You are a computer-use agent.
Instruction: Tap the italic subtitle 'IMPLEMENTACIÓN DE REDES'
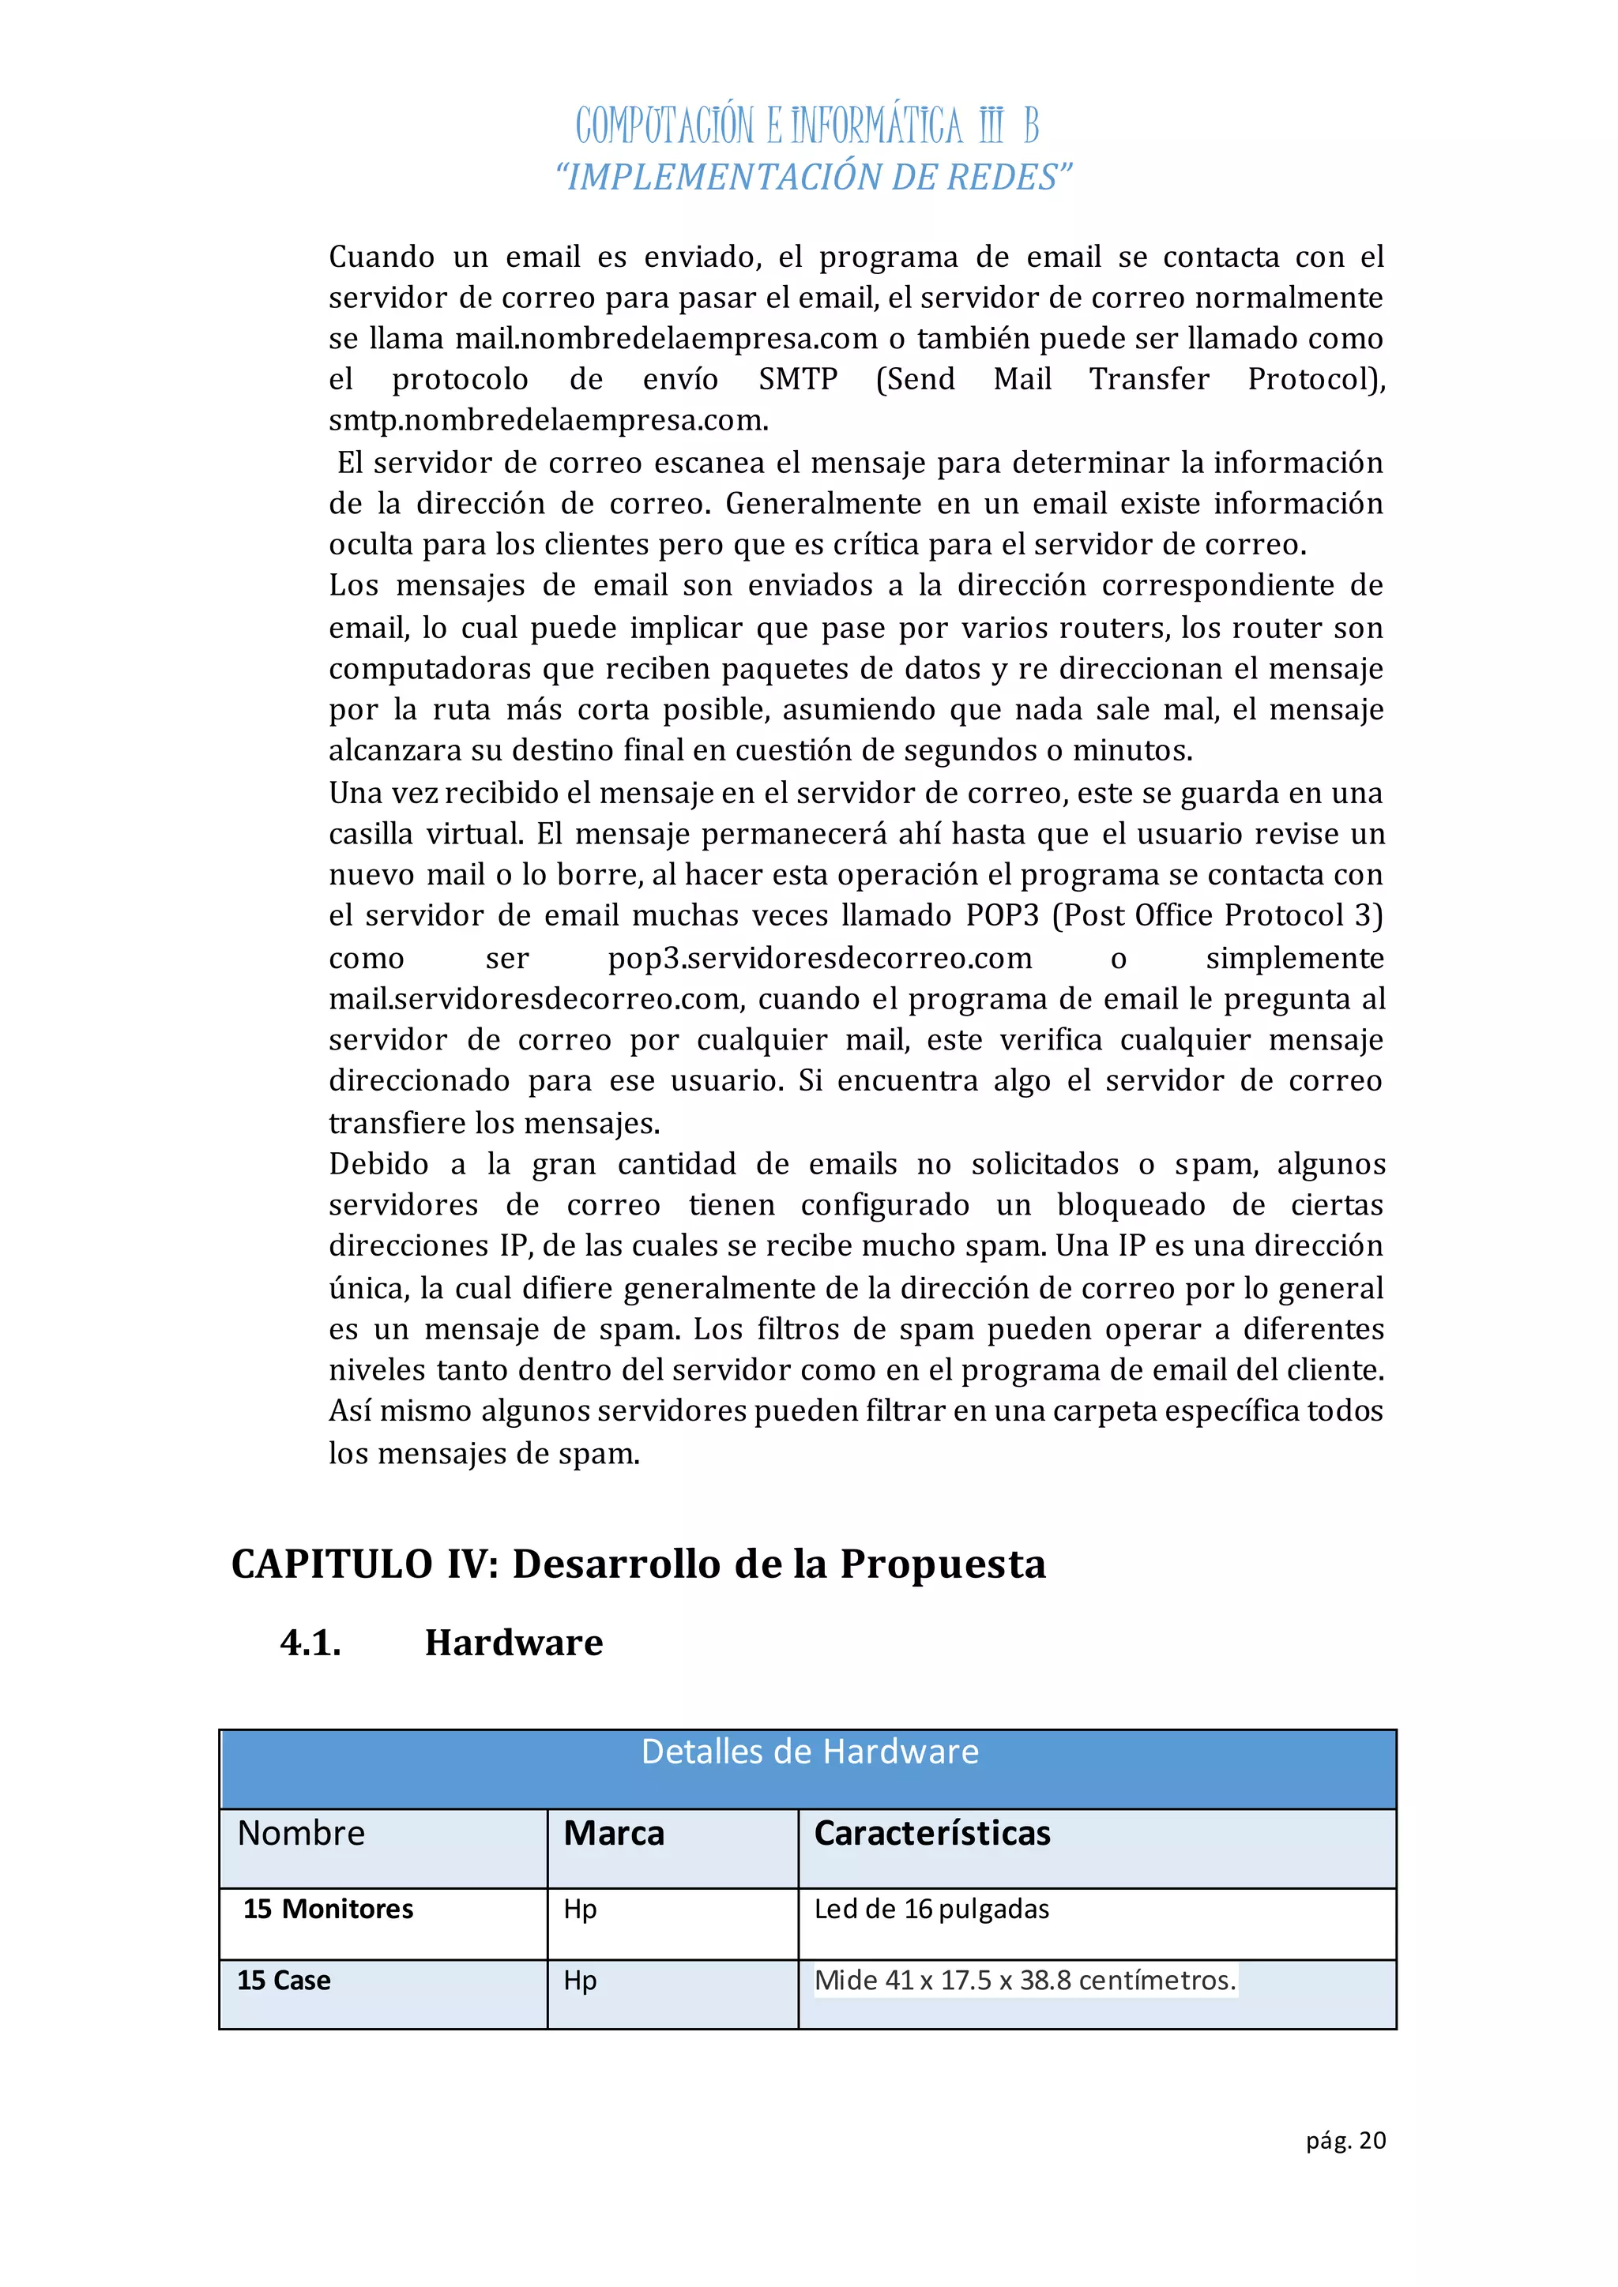(x=813, y=178)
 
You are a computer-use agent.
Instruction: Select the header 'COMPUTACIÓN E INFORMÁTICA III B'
(x=807, y=126)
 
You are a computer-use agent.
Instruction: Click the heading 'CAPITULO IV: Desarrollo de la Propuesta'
(x=638, y=1564)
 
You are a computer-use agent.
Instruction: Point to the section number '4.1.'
(x=310, y=1643)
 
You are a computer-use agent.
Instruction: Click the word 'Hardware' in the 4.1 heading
(x=513, y=1643)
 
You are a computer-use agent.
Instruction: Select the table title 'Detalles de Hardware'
(x=809, y=1751)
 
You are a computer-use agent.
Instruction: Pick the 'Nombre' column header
(x=301, y=1833)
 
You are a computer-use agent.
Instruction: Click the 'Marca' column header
(x=614, y=1833)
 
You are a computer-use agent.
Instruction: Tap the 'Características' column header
(x=931, y=1833)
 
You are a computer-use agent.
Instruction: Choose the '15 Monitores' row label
(x=328, y=1909)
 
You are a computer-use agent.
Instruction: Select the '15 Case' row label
(x=284, y=1981)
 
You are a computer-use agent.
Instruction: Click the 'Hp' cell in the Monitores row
(x=580, y=1909)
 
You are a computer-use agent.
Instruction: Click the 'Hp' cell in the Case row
(x=580, y=1981)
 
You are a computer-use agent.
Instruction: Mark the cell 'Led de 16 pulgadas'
(x=931, y=1909)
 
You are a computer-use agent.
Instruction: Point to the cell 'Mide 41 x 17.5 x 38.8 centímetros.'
(x=1024, y=1981)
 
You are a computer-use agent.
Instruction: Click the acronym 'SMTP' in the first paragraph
(x=797, y=380)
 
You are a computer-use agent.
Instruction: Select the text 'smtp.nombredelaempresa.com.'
(x=548, y=420)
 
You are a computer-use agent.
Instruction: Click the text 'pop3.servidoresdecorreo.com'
(x=819, y=958)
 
